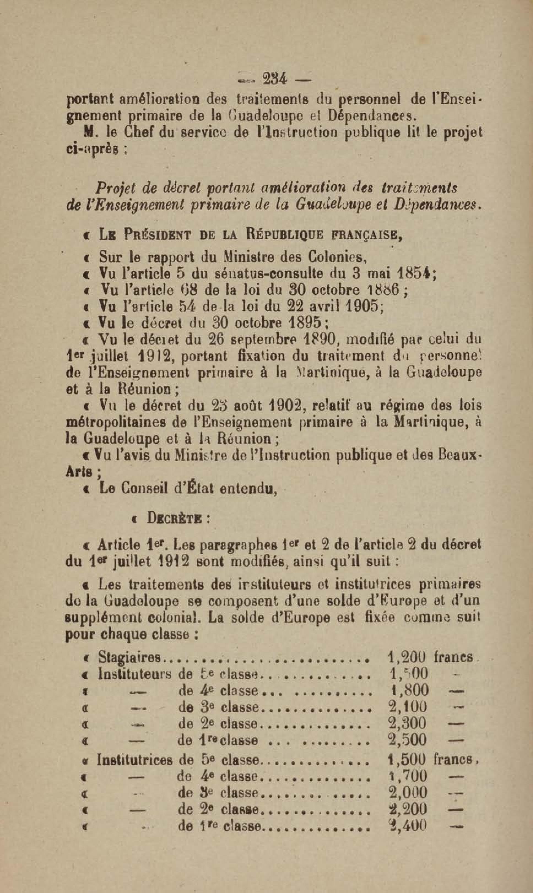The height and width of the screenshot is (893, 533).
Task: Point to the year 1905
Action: point(357,306)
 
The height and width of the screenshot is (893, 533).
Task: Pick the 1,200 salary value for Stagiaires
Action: point(407,657)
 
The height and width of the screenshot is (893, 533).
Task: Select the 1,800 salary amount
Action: point(409,690)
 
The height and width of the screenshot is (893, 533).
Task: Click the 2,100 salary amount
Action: point(408,707)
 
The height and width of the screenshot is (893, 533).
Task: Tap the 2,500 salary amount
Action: point(408,740)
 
